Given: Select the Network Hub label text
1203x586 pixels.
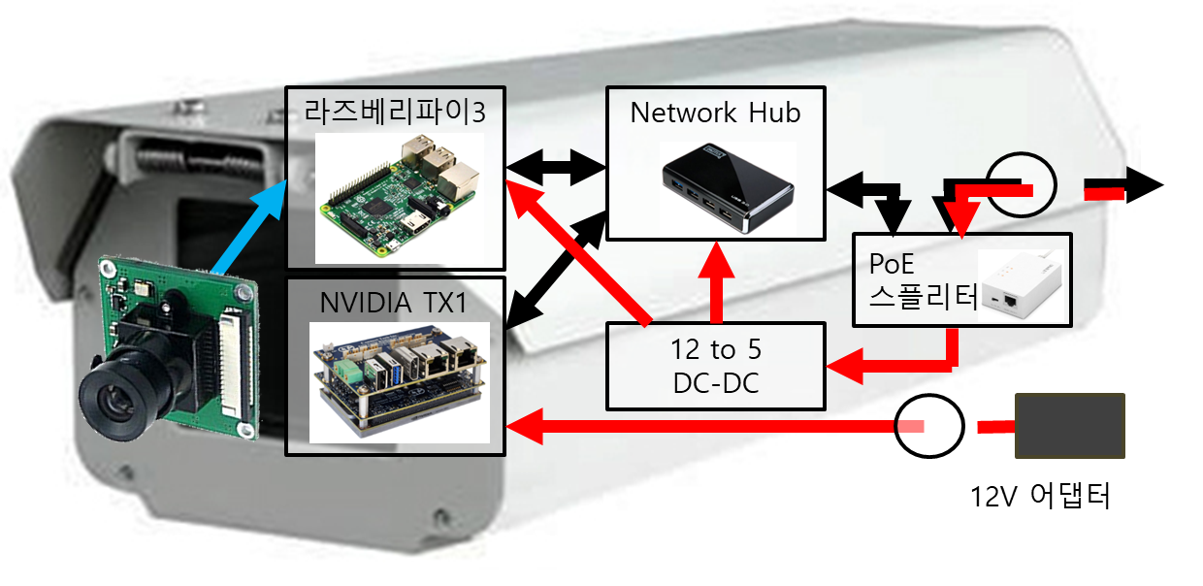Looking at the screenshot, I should click(x=715, y=113).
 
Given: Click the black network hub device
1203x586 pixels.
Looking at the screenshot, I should click(x=727, y=188).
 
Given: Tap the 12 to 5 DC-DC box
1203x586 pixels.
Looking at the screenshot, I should click(x=715, y=366).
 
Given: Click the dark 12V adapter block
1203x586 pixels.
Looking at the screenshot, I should click(x=1069, y=425).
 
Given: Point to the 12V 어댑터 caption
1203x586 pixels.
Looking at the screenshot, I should click(x=1040, y=497).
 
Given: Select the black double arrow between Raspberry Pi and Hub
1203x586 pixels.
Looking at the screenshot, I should click(x=556, y=168).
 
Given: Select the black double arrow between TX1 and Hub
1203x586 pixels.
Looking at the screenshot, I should click(x=556, y=275).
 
